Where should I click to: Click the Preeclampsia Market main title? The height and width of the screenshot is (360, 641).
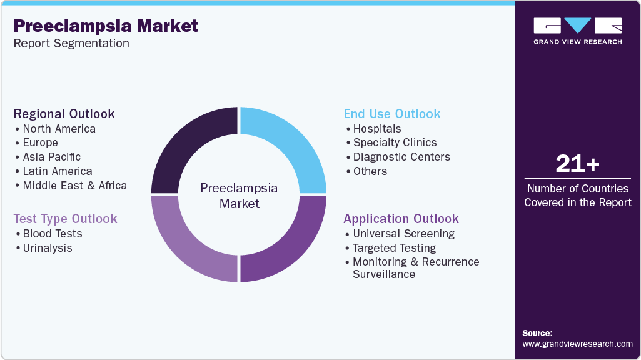(x=106, y=26)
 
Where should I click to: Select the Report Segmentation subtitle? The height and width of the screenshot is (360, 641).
(x=71, y=44)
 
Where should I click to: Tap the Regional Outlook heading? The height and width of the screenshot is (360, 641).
(x=64, y=114)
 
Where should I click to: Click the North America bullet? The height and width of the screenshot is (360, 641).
(x=59, y=129)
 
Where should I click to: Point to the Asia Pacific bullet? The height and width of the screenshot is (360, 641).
(x=51, y=157)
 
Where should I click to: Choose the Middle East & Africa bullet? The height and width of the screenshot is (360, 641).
(x=74, y=186)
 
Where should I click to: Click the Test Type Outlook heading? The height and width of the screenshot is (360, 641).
(x=66, y=219)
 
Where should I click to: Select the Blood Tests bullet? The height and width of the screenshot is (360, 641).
(x=52, y=234)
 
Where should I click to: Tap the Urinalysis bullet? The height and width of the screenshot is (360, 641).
(x=48, y=248)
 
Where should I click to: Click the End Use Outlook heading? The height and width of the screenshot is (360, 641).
(x=392, y=114)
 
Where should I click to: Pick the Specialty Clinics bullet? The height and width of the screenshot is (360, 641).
(x=395, y=142)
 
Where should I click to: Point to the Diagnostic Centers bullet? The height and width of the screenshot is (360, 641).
(x=401, y=157)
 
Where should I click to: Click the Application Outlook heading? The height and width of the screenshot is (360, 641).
(x=401, y=219)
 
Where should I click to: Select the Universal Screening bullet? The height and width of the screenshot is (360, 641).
(x=403, y=234)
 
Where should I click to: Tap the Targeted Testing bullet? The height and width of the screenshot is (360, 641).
(x=394, y=248)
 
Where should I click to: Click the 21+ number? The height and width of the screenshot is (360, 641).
(x=577, y=164)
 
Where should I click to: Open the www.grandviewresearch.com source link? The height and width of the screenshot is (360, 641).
(x=577, y=344)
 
